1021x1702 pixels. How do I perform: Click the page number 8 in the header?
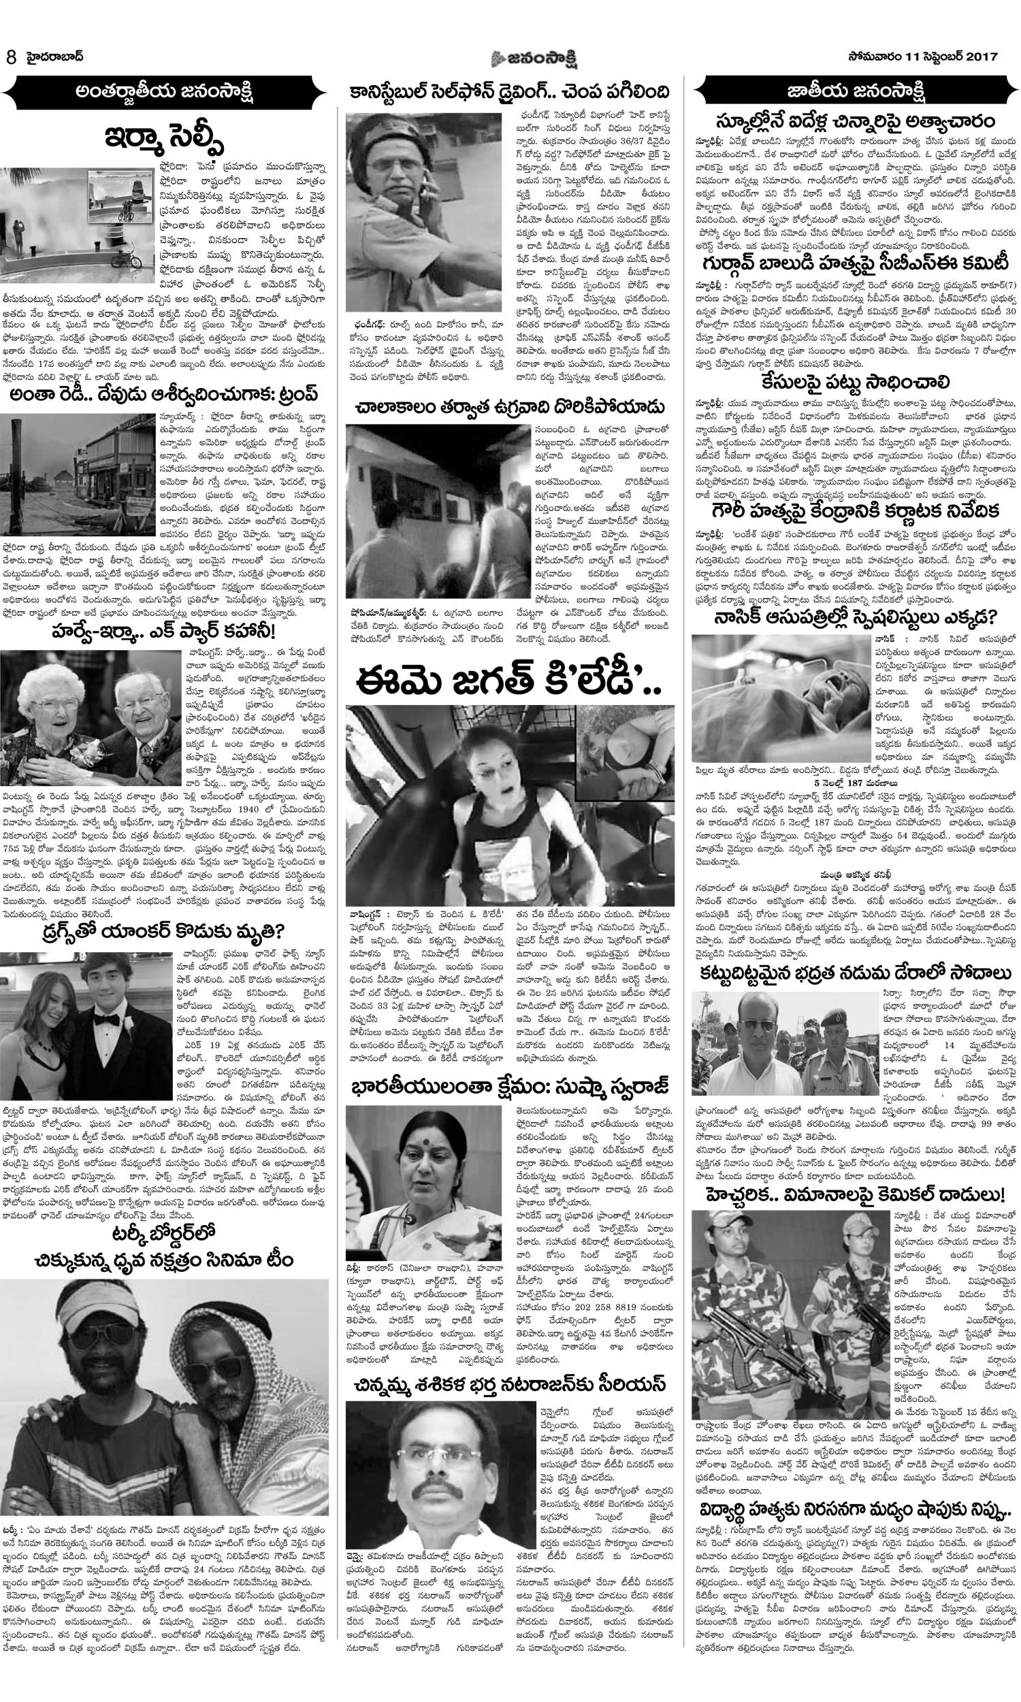(x=10, y=57)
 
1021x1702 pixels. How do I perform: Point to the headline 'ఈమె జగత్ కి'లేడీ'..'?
(x=510, y=676)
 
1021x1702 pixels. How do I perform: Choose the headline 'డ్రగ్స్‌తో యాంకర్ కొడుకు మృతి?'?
(x=165, y=934)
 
